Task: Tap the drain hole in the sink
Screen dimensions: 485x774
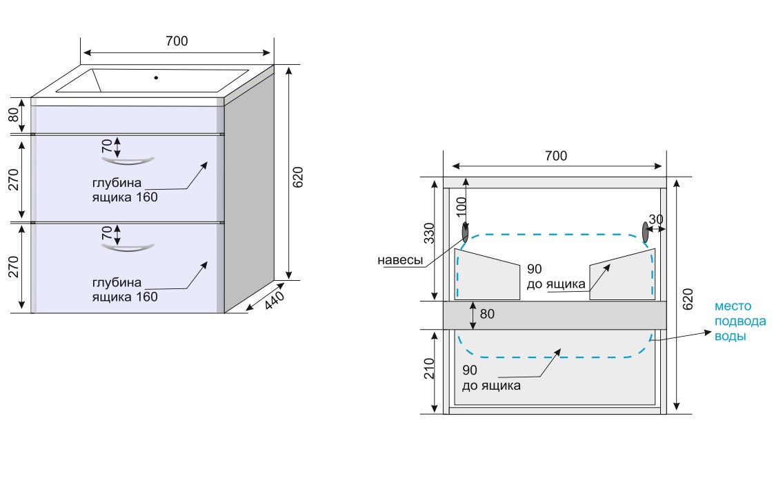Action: coord(156,77)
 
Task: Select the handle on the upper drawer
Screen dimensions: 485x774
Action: coord(127,161)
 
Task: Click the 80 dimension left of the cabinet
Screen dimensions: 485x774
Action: coord(14,115)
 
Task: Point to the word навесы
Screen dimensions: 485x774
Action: coord(400,260)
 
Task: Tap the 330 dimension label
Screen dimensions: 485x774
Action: coord(429,234)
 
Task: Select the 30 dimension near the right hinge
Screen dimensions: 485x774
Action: coord(657,219)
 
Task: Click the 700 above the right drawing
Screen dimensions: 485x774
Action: coord(555,156)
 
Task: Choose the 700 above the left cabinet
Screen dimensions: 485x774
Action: coord(177,41)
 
